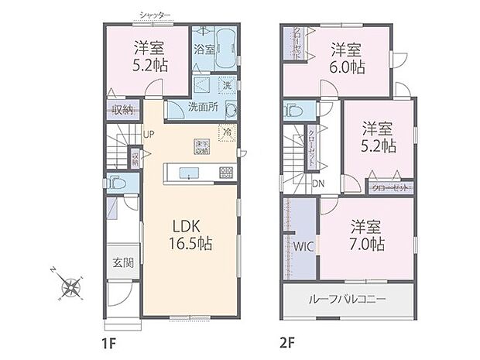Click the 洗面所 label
pyautogui.click(x=202, y=108)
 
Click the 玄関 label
pyautogui.click(x=122, y=262)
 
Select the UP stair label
pyautogui.click(x=148, y=133)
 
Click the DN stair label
pyautogui.click(x=318, y=183)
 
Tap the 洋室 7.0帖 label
pyautogui.click(x=366, y=235)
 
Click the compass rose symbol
pyautogui.click(x=72, y=286)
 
